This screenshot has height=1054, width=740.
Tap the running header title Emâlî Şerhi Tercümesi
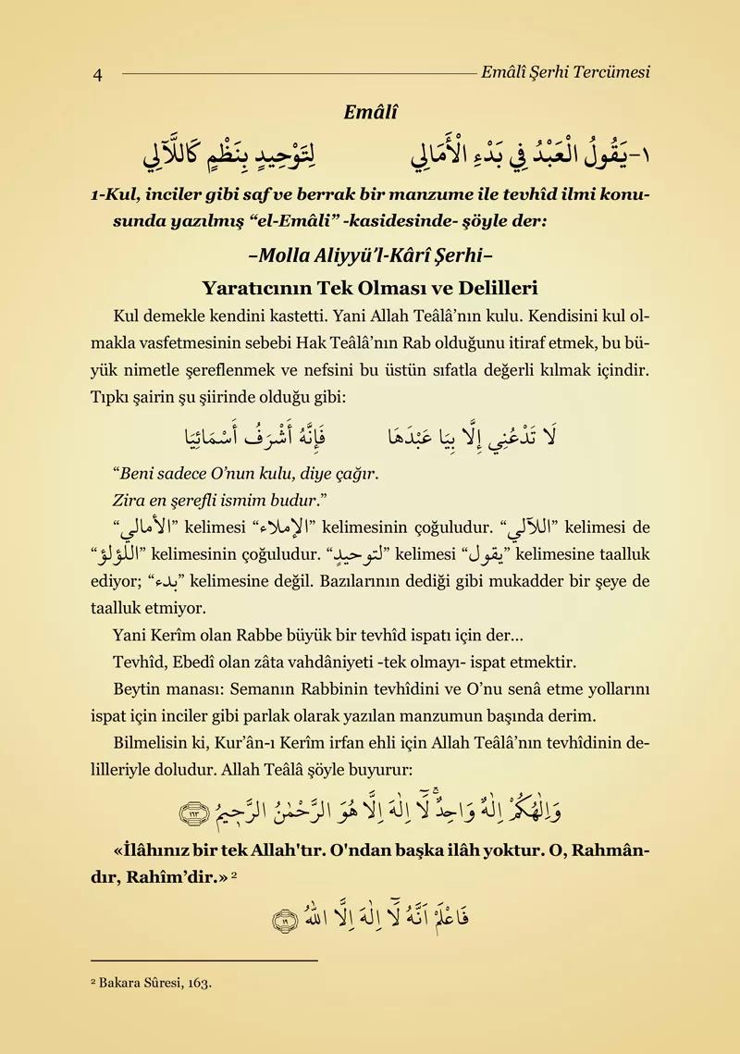[565, 71]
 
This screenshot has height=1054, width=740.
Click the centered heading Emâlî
[370, 113]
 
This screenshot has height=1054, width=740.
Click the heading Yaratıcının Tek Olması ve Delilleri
[370, 288]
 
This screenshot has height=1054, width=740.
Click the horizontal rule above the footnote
[204, 961]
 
